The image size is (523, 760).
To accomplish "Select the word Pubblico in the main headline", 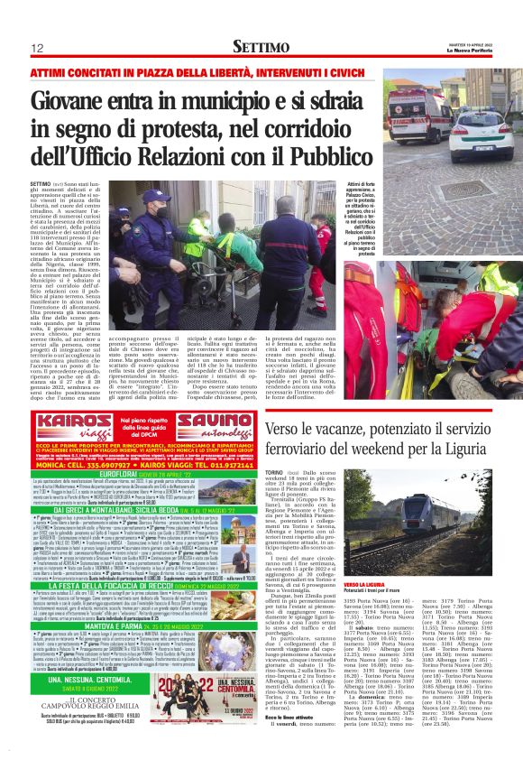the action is (x=317, y=155).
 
